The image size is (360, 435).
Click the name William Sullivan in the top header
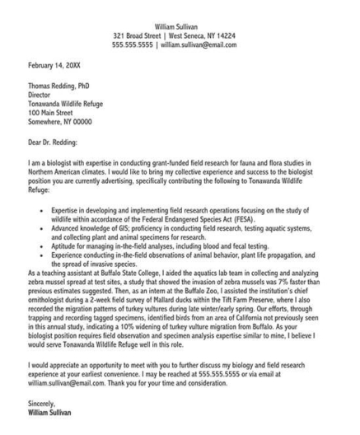click(180, 28)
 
